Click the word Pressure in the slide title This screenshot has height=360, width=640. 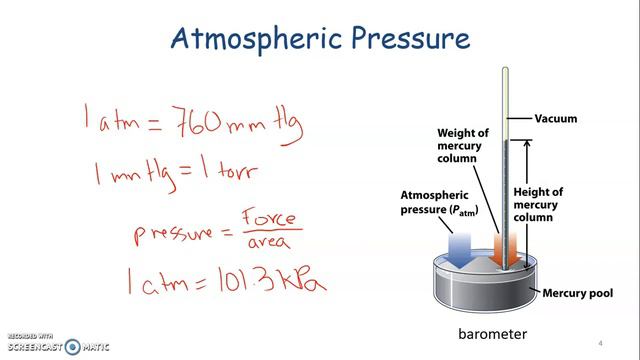pos(405,39)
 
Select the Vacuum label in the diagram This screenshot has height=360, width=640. pos(556,119)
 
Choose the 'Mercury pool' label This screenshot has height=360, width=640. pos(576,293)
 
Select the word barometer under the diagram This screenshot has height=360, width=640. pos(492,333)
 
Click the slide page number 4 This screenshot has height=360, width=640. pos(600,340)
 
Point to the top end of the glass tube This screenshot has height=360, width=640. pos(506,70)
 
